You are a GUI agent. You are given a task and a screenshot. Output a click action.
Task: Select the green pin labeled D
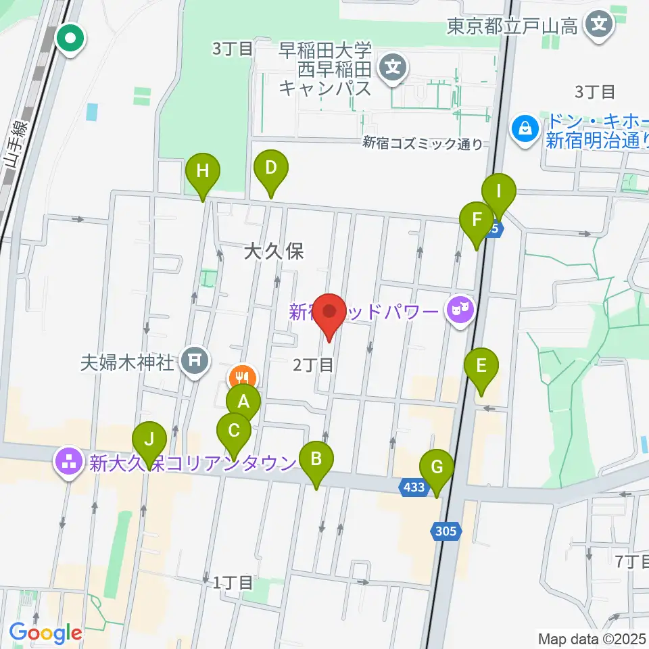[270, 168]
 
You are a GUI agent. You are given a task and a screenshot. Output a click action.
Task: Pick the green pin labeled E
[481, 366]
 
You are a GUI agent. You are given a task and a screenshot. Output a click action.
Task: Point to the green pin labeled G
[437, 467]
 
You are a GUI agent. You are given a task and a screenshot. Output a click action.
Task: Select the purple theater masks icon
[460, 311]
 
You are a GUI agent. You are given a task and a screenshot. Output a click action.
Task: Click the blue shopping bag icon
[525, 126]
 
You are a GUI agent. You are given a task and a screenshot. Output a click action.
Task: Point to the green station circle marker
[70, 39]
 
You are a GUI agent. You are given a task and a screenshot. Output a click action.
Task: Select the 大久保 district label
[274, 251]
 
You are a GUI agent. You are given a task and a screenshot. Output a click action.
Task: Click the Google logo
[45, 633]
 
